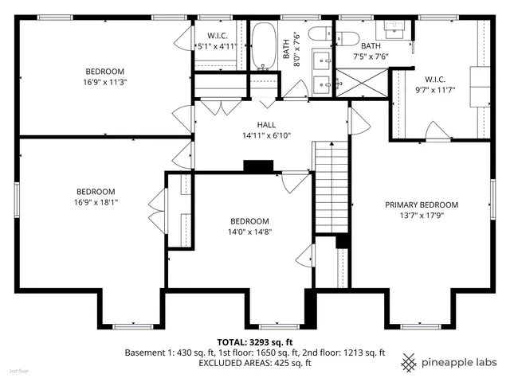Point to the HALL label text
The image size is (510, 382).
tap(266, 125)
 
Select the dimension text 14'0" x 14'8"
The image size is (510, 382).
tap(249, 232)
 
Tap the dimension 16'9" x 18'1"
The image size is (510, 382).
tap(96, 202)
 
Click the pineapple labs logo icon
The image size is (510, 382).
tap(409, 361)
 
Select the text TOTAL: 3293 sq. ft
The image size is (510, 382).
tap(254, 341)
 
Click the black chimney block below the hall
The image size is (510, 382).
tap(257, 166)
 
